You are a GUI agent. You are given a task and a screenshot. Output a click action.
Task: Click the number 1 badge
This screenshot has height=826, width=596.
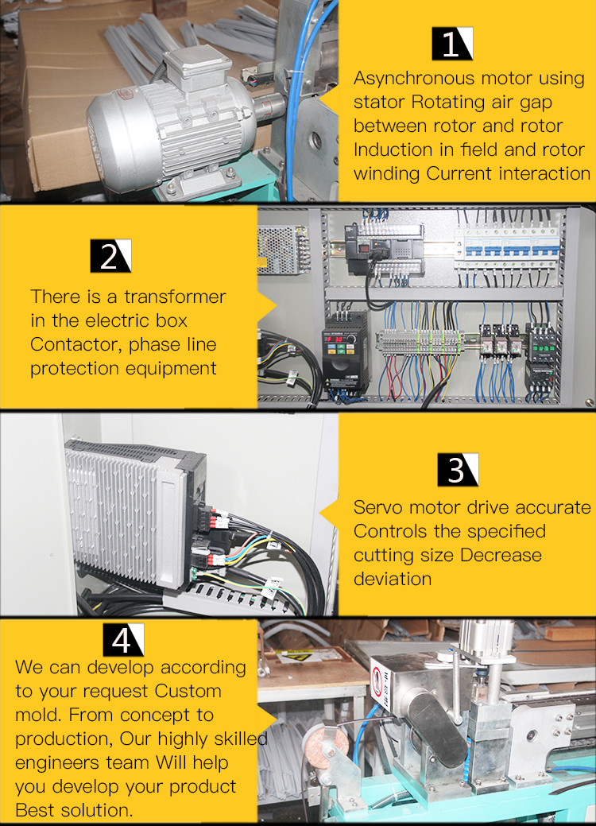pyautogui.click(x=452, y=44)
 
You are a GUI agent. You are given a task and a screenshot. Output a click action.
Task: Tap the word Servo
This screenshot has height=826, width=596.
pyautogui.click(x=376, y=507)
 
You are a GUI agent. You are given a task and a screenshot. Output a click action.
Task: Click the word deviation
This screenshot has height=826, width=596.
pyautogui.click(x=393, y=578)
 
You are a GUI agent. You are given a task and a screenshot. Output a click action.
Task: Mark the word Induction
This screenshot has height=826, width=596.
pyautogui.click(x=391, y=149)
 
